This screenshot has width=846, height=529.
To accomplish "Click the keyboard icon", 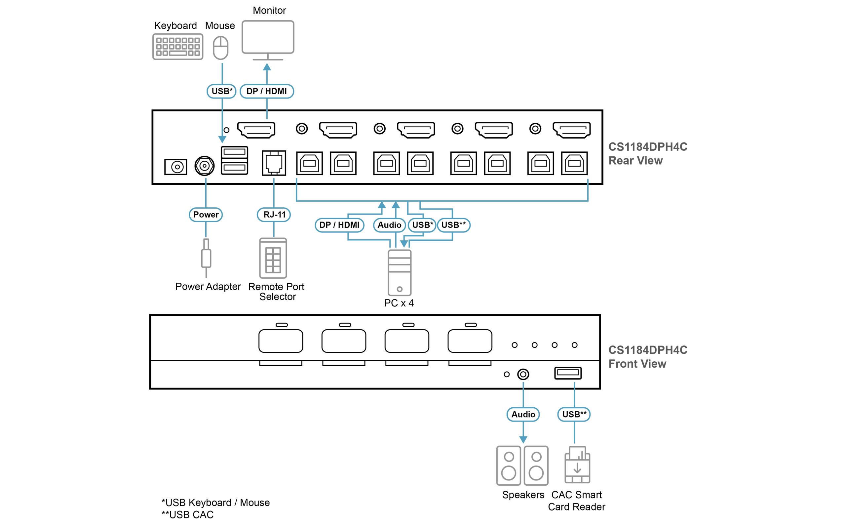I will click(x=177, y=47).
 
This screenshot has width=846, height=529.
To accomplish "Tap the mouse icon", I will click(x=221, y=48).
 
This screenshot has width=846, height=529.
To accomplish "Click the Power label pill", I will click(x=206, y=215).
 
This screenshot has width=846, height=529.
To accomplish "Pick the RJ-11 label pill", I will click(x=274, y=215).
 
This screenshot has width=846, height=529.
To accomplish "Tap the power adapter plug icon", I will click(x=206, y=258).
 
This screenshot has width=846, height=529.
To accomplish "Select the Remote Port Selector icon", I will click(x=273, y=258).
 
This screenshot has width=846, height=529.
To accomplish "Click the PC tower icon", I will click(x=399, y=272).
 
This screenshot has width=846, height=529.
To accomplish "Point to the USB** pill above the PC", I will click(x=453, y=225).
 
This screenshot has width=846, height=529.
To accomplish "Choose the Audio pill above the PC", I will click(x=389, y=225).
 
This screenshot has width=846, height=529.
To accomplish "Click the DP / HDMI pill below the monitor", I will click(x=267, y=91).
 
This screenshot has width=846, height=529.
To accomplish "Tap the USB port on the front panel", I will click(x=568, y=373).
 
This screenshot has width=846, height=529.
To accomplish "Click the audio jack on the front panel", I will click(x=523, y=374).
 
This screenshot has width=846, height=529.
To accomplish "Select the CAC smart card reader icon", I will click(x=577, y=465).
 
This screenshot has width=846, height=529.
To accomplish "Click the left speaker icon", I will click(x=509, y=466).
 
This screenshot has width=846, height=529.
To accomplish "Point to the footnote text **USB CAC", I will click(x=187, y=515).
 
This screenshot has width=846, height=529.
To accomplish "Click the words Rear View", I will click(x=635, y=161).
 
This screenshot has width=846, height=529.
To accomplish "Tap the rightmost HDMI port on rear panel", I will click(x=571, y=130).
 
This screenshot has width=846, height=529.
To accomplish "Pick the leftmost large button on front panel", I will click(x=281, y=341).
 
